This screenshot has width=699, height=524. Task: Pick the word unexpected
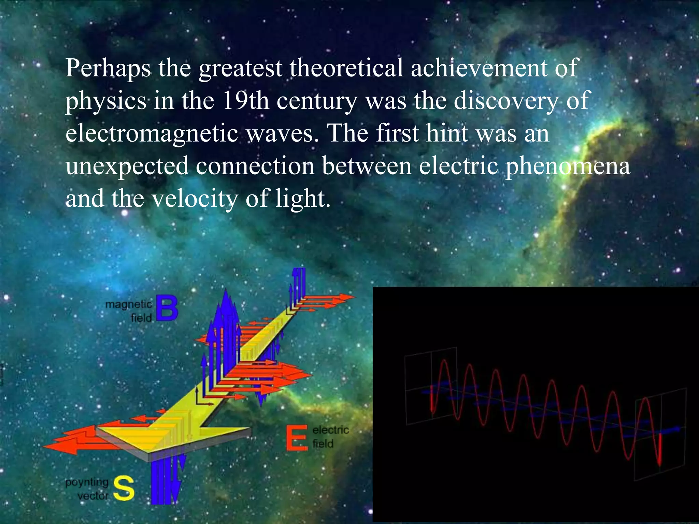(x=127, y=166)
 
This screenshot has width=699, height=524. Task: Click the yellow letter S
(x=124, y=489)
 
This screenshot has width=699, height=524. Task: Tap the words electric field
(x=330, y=437)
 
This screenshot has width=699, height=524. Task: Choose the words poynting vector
(x=87, y=489)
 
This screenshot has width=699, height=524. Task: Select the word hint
(x=447, y=133)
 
